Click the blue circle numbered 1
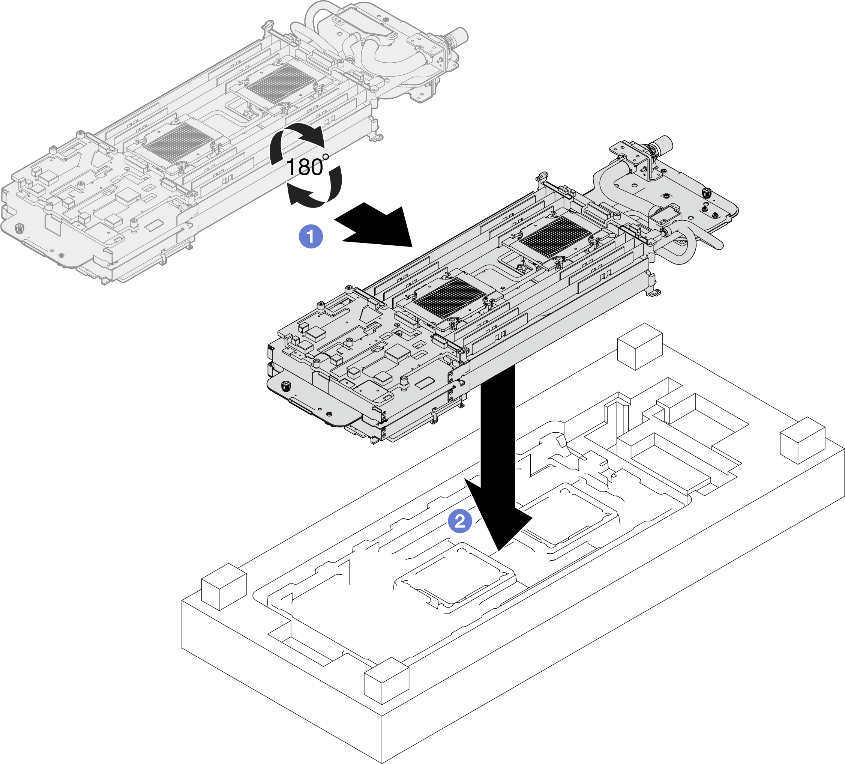pyautogui.click(x=311, y=236)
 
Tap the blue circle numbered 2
pyautogui.click(x=460, y=521)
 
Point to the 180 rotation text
pyautogui.click(x=305, y=167)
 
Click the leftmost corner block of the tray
pyautogui.click(x=224, y=587)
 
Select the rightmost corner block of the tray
pyautogui.click(x=802, y=440)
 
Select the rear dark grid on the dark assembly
pyautogui.click(x=555, y=237)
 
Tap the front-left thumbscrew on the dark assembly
pyautogui.click(x=287, y=386)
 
